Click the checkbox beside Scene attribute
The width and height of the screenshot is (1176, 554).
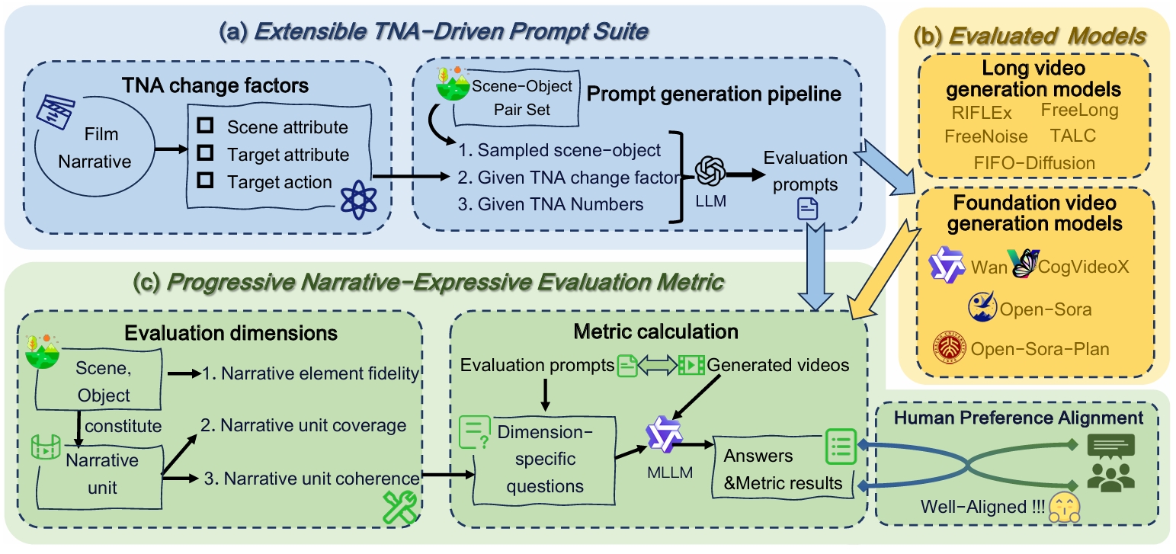(x=205, y=126)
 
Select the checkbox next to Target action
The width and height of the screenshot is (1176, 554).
(x=205, y=181)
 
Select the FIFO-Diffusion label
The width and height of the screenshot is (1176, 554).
(x=1034, y=162)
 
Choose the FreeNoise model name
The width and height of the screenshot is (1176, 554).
(x=985, y=137)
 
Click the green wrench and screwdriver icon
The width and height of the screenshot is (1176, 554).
(x=397, y=507)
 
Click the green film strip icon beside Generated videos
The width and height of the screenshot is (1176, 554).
(x=691, y=365)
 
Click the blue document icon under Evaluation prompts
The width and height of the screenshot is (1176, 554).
(x=808, y=208)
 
